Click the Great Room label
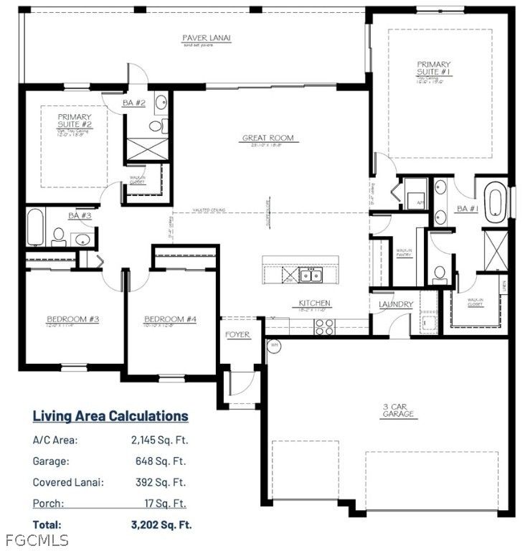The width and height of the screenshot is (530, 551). click(268, 138)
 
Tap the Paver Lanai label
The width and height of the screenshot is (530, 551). click(205, 37)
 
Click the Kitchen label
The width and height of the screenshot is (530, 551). click(315, 303)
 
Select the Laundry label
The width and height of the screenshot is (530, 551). click(395, 304)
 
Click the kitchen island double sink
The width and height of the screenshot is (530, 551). click(311, 275)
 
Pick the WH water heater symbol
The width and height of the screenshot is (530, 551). click(273, 345)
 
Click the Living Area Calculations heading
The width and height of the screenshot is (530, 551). click(110, 416)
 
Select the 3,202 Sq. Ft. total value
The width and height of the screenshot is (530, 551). click(161, 524)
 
